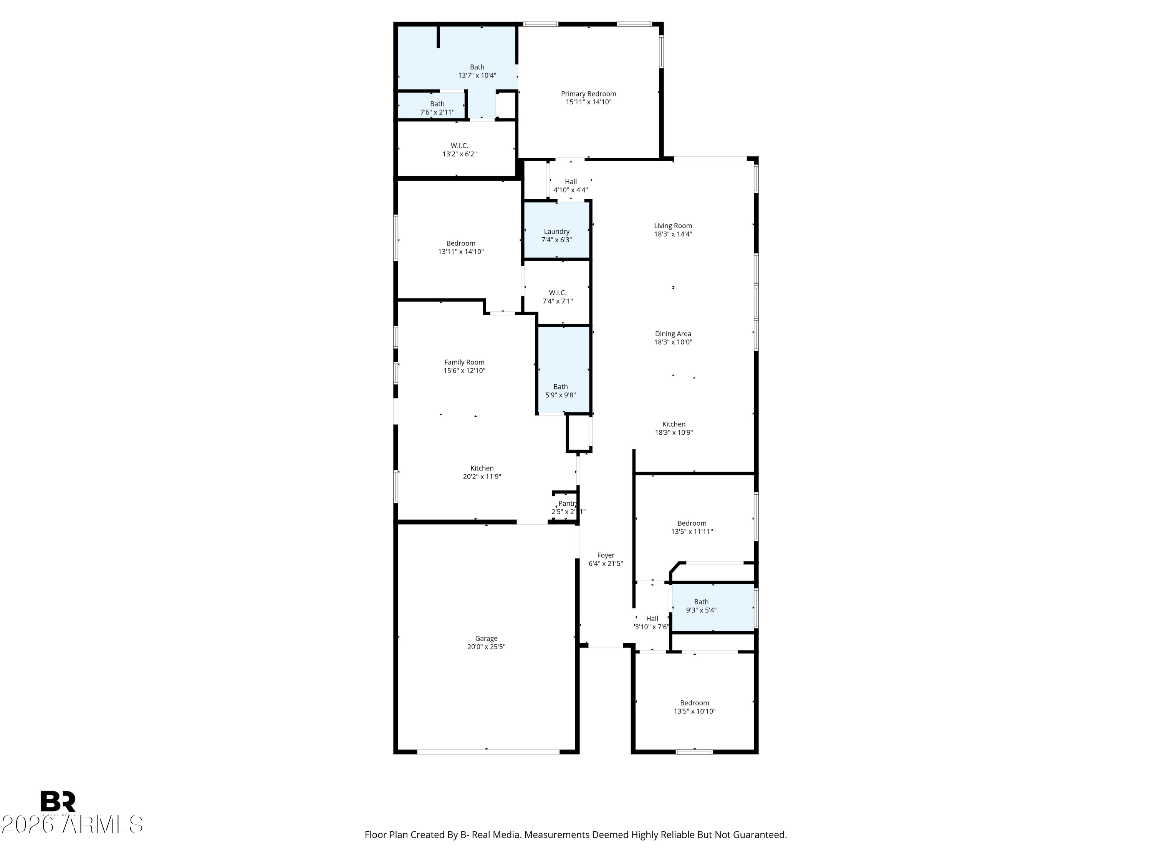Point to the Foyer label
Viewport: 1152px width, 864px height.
pos(605,555)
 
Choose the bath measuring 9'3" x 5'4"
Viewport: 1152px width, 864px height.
pos(701,606)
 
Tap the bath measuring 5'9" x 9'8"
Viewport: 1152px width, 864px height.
pos(560,391)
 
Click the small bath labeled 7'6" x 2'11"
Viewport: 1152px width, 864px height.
pos(437,108)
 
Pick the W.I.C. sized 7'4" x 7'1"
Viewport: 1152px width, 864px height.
pos(557,297)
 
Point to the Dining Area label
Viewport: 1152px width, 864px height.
pos(673,334)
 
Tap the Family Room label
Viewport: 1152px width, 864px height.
pos(464,362)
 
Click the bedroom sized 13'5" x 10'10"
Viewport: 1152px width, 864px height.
pos(694,707)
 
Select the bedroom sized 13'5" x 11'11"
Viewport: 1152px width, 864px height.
pos(692,527)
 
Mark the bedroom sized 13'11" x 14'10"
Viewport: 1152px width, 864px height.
pos(460,247)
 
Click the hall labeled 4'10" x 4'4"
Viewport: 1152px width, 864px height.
pos(570,186)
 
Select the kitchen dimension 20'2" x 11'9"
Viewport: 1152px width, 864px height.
pos(482,477)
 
